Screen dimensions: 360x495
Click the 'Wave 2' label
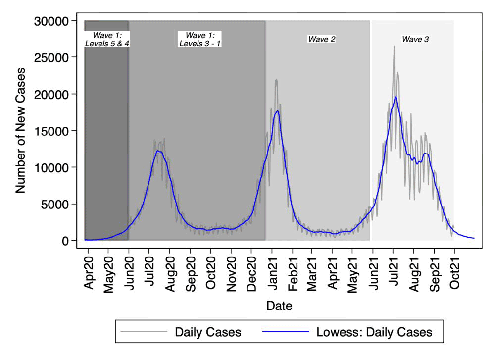(322, 39)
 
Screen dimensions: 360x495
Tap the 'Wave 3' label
(415, 39)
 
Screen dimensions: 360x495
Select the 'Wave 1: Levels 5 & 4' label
(107, 39)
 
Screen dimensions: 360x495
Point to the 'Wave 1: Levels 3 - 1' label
(200, 39)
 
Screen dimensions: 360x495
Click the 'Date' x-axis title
(279, 306)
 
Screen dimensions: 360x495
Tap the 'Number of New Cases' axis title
(21, 131)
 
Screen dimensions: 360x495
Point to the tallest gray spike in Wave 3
(394, 47)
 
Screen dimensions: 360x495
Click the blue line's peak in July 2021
(396, 97)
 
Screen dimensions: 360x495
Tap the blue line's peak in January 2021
(277, 111)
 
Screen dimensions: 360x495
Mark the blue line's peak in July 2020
(157, 151)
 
